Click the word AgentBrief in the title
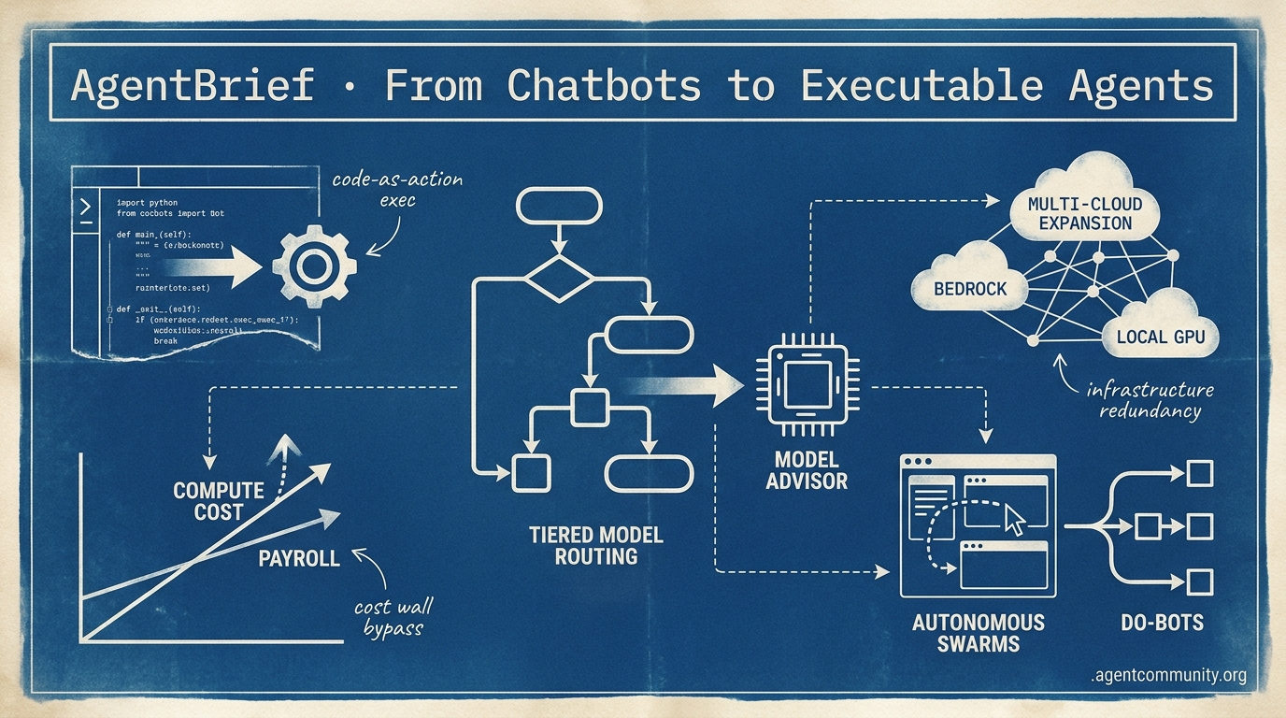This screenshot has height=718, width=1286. pos(193,86)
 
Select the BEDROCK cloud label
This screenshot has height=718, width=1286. pos(970,288)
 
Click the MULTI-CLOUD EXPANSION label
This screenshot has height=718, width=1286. pos(1084,213)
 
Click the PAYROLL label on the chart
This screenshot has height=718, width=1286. pos(299,558)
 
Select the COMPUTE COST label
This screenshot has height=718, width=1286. pos(219,501)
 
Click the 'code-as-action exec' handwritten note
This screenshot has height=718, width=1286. pos(396,189)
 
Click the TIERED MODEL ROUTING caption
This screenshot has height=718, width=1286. pos(595,545)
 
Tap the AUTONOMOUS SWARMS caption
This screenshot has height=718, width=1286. pos(978,632)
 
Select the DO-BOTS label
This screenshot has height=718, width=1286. pos(1161,622)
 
